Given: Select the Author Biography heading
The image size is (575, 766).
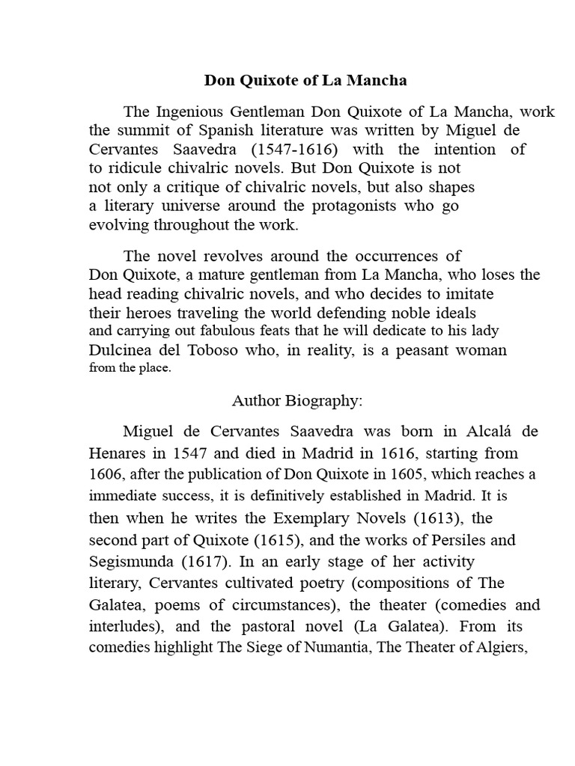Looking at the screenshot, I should click(x=297, y=401).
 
